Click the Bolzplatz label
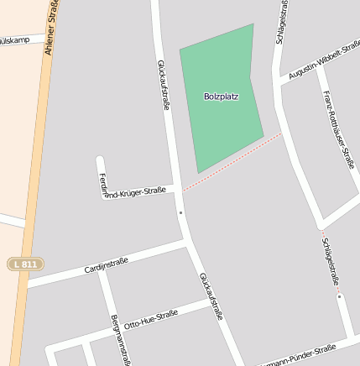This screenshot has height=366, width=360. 221,97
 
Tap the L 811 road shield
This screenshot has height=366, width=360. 24,264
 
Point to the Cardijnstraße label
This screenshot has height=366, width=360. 106,266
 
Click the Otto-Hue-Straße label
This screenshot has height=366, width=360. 150,319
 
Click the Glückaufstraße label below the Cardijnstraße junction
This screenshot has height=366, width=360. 211,295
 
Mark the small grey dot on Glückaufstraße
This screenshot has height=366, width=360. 180,213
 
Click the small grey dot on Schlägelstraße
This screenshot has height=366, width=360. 339,296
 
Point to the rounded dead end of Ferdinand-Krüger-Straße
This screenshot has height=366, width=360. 100,160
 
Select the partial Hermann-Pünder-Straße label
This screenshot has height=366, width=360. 302,354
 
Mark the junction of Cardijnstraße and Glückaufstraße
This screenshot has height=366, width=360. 186,243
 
